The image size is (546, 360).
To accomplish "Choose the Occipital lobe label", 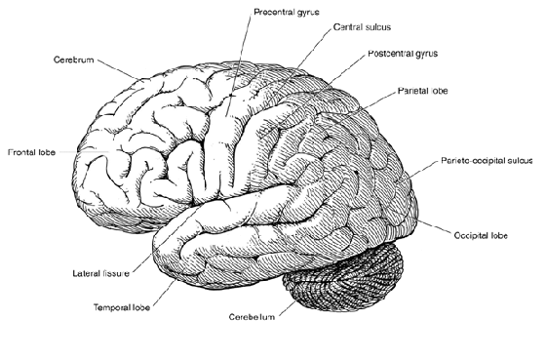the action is tap(482, 236).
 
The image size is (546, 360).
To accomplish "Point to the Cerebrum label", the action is tap(74, 60).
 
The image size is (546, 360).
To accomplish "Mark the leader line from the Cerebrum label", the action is tap(120, 70).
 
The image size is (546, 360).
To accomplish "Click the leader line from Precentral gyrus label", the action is tap(238, 68).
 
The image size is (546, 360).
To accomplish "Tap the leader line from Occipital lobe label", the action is tap(433, 223).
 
